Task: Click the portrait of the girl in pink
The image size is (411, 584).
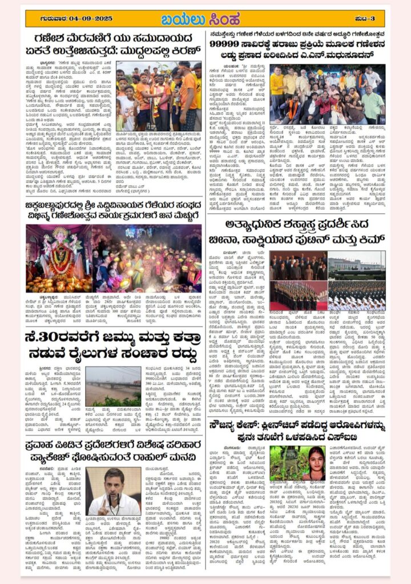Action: [316, 463]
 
